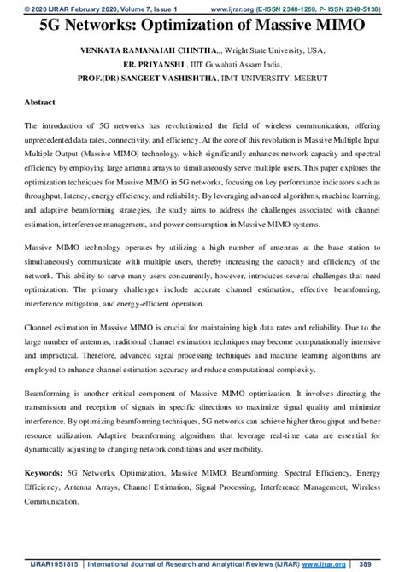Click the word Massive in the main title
coord(282,26)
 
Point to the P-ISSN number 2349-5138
coord(376,7)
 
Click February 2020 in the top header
coord(84,7)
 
